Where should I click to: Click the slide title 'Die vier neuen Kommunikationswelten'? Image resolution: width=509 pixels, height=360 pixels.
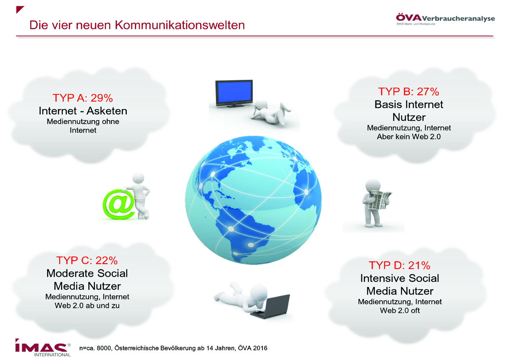[x=137, y=25]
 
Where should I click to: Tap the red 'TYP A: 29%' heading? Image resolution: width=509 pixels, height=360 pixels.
[x=83, y=98]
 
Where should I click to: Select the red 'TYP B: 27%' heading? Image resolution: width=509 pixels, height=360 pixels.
[x=408, y=91]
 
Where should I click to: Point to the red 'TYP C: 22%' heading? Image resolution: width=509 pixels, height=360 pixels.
[x=87, y=260]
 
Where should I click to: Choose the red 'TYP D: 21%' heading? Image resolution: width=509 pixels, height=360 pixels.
[x=400, y=265]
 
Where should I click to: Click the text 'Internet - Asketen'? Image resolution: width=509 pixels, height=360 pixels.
[x=83, y=111]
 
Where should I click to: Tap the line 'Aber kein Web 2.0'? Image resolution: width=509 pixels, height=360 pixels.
[x=409, y=137]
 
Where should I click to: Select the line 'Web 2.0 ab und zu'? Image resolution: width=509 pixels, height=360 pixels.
[x=87, y=305]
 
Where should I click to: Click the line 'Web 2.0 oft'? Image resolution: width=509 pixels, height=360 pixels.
[x=400, y=310]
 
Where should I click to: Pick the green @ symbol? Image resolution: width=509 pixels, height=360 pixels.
[x=118, y=205]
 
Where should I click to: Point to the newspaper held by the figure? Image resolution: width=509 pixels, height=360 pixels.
[x=379, y=200]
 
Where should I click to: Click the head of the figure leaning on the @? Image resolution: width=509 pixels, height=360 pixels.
[x=138, y=179]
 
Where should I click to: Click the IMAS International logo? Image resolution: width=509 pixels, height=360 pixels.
[x=43, y=348]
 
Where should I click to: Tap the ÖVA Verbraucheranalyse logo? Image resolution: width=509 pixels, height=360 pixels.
[x=445, y=19]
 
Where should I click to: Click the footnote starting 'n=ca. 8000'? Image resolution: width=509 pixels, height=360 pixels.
[x=173, y=348]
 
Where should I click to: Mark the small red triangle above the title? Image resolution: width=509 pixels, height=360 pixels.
[x=20, y=9]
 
